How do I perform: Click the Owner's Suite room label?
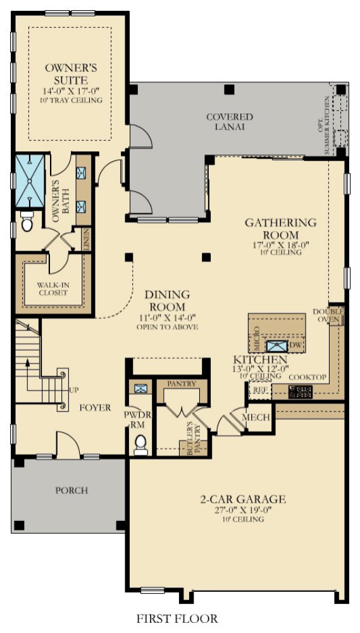click(70, 74)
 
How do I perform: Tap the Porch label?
click(71, 490)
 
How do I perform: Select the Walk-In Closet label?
click(53, 289)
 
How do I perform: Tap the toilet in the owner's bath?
click(27, 222)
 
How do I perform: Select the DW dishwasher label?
click(295, 346)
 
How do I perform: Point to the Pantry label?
click(182, 384)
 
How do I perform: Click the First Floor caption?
click(177, 618)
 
